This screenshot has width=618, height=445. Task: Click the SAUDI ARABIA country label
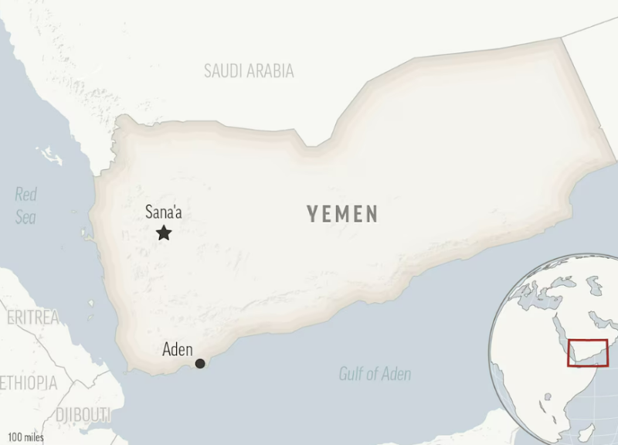249,71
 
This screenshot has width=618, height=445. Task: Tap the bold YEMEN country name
342,214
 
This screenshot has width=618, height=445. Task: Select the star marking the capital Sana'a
164,233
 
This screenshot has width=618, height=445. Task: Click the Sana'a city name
164,212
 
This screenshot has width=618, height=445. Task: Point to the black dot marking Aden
200,363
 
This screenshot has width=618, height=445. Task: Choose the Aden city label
177,349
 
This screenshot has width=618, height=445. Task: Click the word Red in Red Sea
26,195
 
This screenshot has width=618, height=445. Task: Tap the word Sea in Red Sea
25,217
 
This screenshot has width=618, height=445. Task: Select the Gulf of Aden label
375,374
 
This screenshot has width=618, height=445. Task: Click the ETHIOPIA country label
29,382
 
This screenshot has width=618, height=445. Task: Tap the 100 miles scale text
25,437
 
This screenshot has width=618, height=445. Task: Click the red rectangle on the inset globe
588,353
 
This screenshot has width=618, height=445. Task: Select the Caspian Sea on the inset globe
594,287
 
